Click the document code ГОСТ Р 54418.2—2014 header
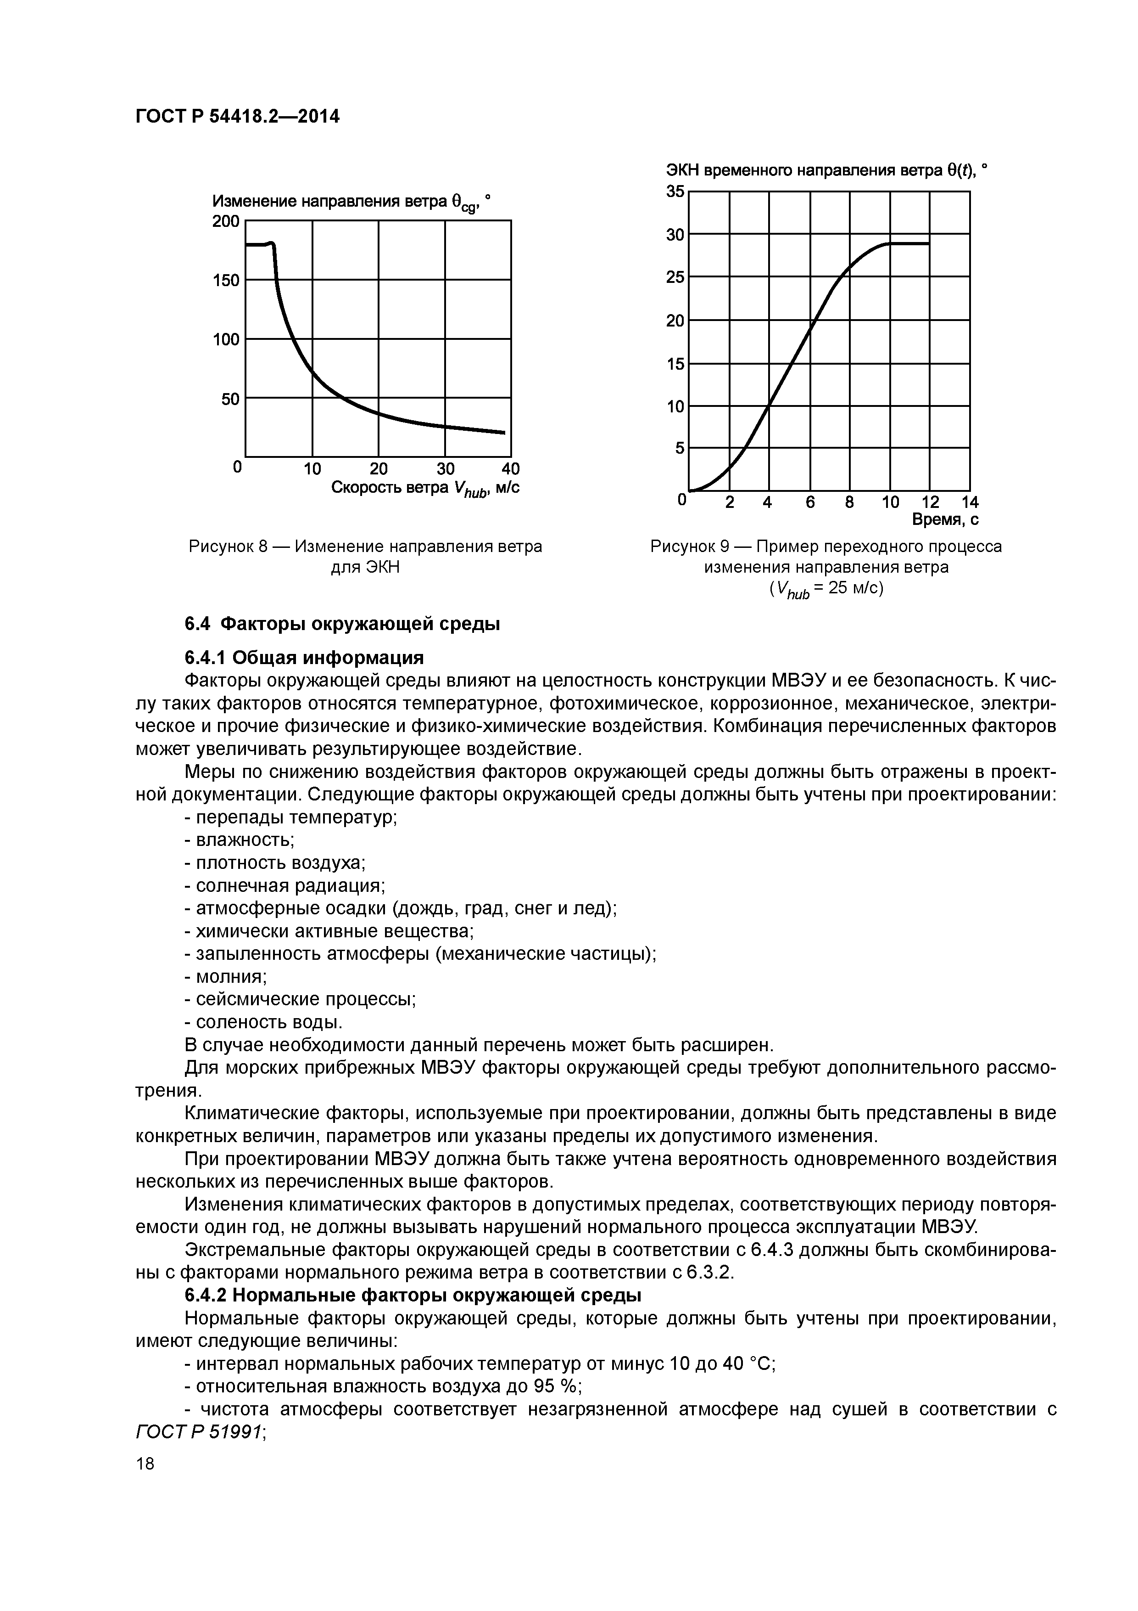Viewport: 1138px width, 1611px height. click(237, 116)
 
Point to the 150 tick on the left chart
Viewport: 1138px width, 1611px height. click(226, 281)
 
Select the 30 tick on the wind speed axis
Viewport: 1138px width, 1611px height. click(445, 469)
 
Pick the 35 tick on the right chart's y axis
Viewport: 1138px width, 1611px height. click(675, 192)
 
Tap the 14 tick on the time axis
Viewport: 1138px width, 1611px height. click(970, 502)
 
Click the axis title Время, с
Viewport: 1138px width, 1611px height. click(944, 520)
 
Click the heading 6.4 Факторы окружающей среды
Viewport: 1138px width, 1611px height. click(342, 624)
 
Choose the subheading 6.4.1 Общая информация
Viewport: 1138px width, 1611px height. click(304, 658)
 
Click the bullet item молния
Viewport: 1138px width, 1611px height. click(226, 976)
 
